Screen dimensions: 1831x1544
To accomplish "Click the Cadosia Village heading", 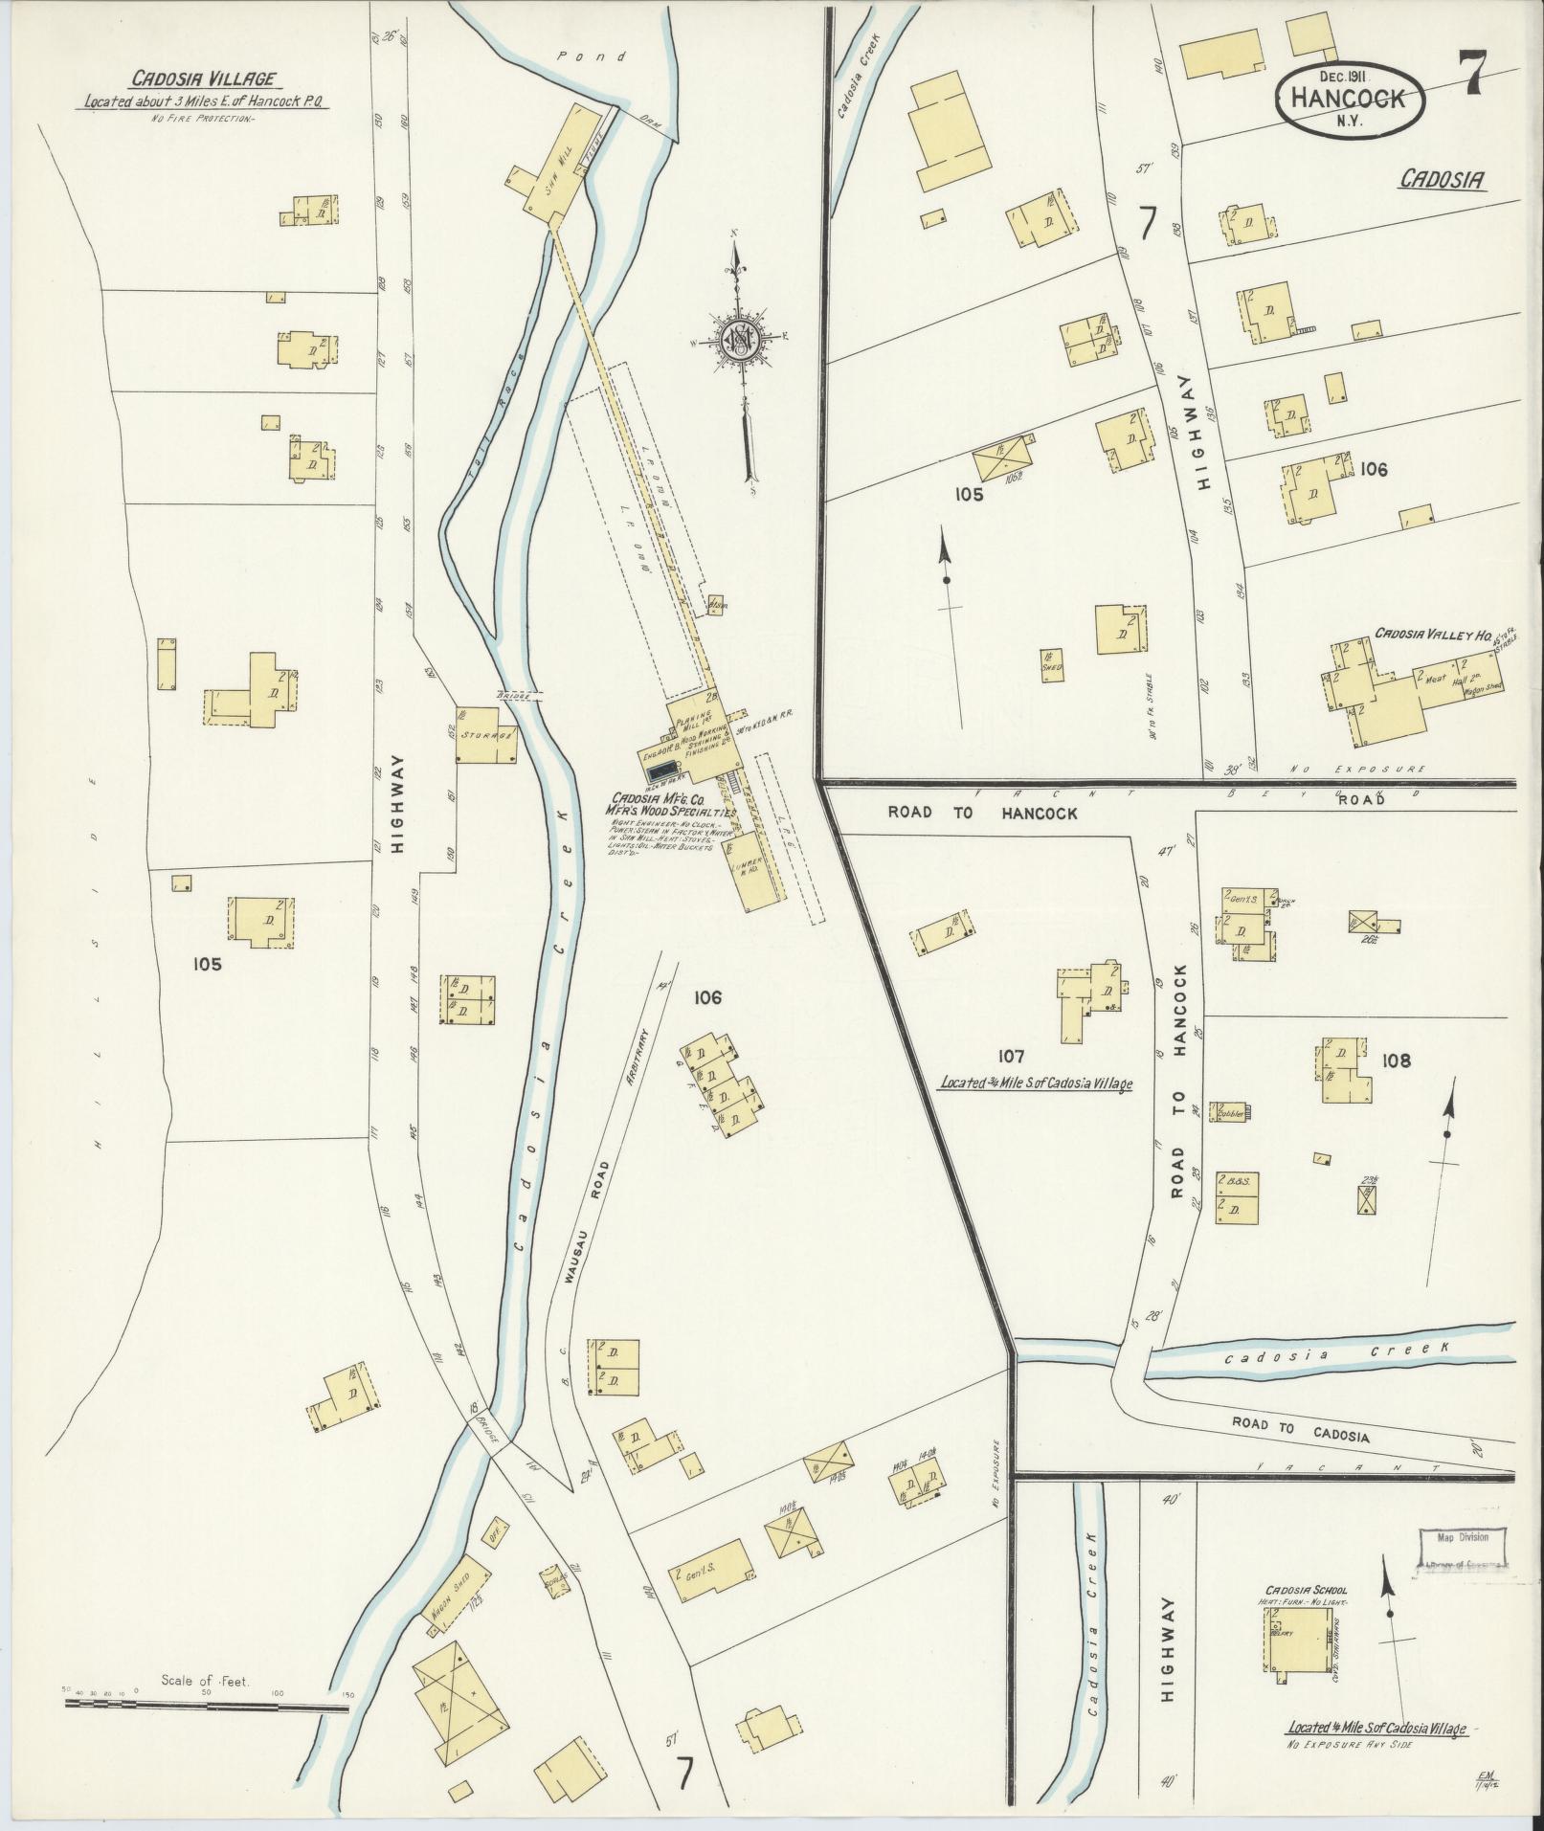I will pyautogui.click(x=205, y=80).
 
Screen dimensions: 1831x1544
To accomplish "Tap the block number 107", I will pyautogui.click(x=1011, y=1057).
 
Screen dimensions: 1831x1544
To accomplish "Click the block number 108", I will pyautogui.click(x=1396, y=1061).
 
